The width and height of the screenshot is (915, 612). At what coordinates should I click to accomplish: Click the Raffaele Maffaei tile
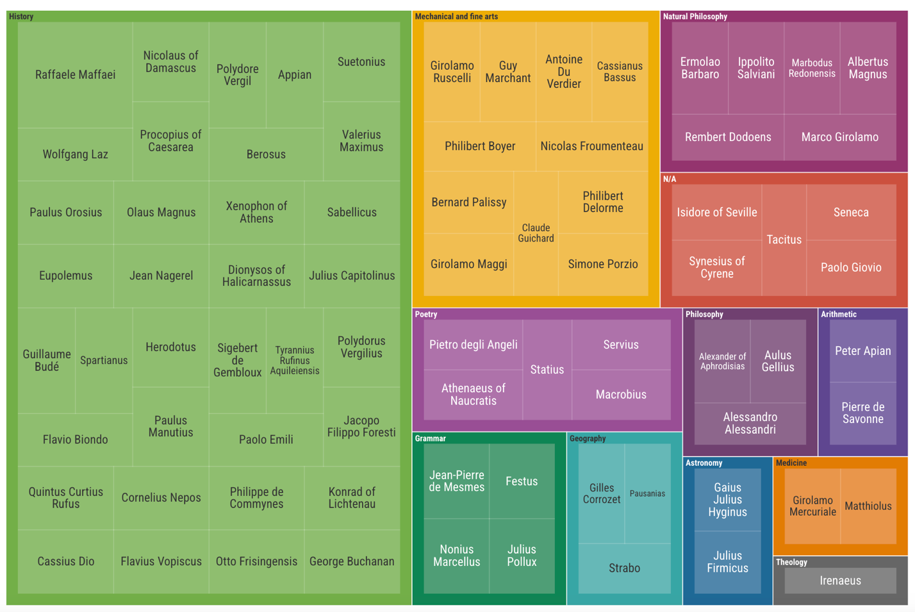click(75, 75)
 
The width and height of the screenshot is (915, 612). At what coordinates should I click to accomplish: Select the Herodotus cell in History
click(170, 347)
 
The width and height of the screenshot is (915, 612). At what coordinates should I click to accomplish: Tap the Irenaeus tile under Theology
click(840, 581)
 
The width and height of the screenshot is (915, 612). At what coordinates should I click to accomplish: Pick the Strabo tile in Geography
click(624, 568)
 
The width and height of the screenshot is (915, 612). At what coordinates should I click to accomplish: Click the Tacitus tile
click(784, 240)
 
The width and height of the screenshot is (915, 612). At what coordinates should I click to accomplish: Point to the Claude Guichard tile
click(536, 233)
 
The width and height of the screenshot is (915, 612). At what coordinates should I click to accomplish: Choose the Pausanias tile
click(647, 493)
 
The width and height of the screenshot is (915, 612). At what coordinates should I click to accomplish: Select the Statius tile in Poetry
click(547, 370)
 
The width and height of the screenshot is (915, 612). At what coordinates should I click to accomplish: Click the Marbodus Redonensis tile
click(811, 68)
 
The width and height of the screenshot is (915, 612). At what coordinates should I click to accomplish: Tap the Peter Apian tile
click(862, 351)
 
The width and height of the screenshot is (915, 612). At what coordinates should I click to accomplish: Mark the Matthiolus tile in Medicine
click(868, 506)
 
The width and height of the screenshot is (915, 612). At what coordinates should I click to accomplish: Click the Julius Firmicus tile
click(727, 562)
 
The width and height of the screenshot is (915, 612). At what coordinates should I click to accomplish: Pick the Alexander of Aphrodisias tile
click(722, 361)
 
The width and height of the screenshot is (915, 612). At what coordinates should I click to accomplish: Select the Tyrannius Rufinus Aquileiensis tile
click(294, 360)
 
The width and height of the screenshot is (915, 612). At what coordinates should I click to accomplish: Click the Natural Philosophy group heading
click(695, 17)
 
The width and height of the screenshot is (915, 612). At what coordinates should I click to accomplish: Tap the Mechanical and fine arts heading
click(456, 17)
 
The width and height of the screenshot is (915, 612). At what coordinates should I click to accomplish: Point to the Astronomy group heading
click(704, 463)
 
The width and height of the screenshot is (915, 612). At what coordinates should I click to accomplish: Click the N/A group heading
click(669, 179)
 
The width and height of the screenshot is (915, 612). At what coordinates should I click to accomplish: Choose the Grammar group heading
click(430, 438)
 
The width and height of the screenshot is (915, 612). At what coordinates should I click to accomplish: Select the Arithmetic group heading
click(838, 314)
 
